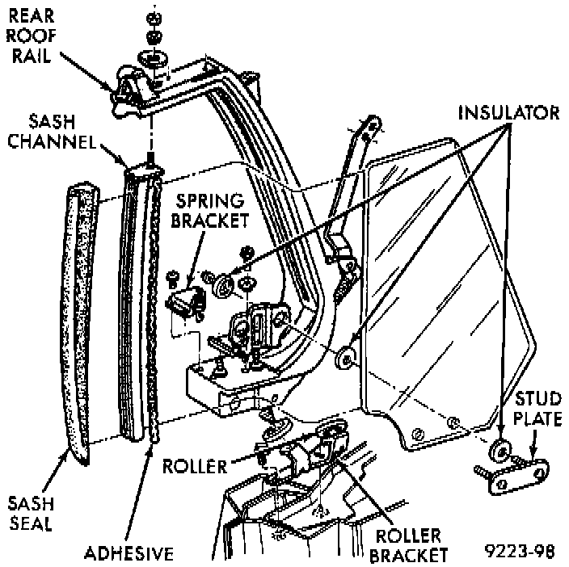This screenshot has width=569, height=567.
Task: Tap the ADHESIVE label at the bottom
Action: click(x=129, y=553)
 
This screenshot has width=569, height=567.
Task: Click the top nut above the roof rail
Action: click(x=153, y=18)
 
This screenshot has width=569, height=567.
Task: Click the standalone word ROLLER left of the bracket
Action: click(x=193, y=466)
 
